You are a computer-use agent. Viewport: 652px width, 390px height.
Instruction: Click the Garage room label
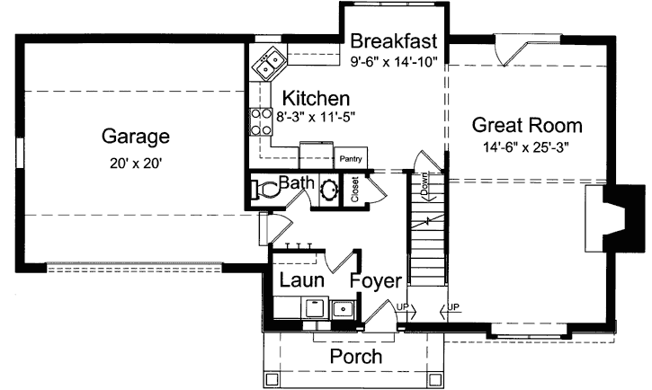135,137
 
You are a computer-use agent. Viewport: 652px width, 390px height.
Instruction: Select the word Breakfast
394,41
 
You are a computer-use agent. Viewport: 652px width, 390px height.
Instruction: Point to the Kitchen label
316,98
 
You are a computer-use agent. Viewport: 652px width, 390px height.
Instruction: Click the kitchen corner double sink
267,64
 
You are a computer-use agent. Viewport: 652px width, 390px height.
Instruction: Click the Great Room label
527,125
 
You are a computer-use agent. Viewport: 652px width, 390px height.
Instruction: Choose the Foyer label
375,281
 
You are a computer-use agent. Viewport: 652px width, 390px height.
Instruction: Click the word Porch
355,357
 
